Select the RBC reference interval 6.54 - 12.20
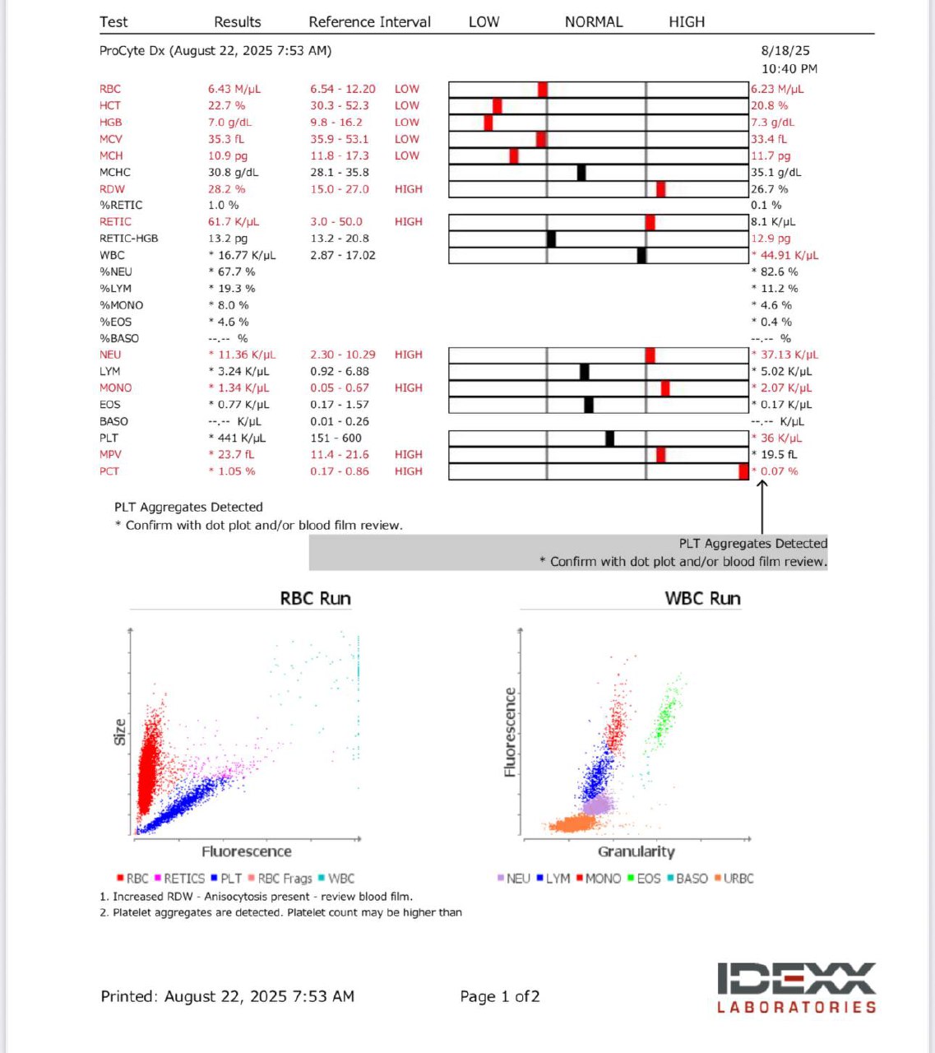[x=342, y=89]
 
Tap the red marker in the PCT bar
[x=743, y=471]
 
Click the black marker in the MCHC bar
[x=581, y=173]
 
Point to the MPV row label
[x=110, y=454]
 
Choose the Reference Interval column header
[x=369, y=22]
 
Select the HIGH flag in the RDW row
[x=408, y=189]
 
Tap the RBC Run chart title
[x=315, y=598]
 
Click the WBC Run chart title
[x=702, y=598]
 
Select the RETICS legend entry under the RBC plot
[x=180, y=879]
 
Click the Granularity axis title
[x=636, y=851]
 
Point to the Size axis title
[x=120, y=732]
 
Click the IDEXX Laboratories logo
[x=797, y=987]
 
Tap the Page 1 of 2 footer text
[x=499, y=996]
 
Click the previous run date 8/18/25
[x=785, y=50]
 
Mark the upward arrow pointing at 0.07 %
[x=762, y=507]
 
